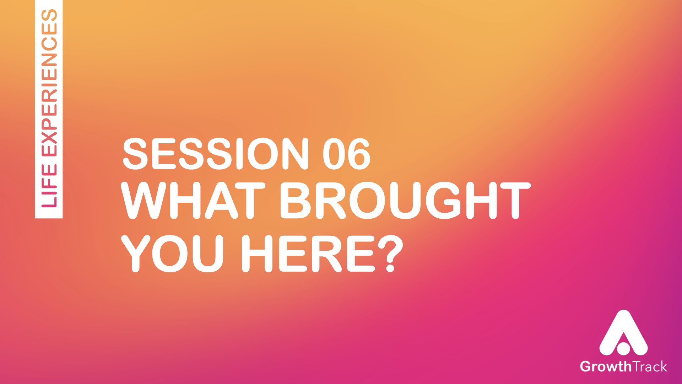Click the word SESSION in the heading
(x=216, y=153)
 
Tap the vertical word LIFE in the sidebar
(x=49, y=186)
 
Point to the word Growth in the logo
(x=605, y=366)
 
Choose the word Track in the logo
(x=649, y=366)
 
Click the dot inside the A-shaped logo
(x=623, y=349)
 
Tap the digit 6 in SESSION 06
(x=359, y=153)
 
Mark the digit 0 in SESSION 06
(x=334, y=153)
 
